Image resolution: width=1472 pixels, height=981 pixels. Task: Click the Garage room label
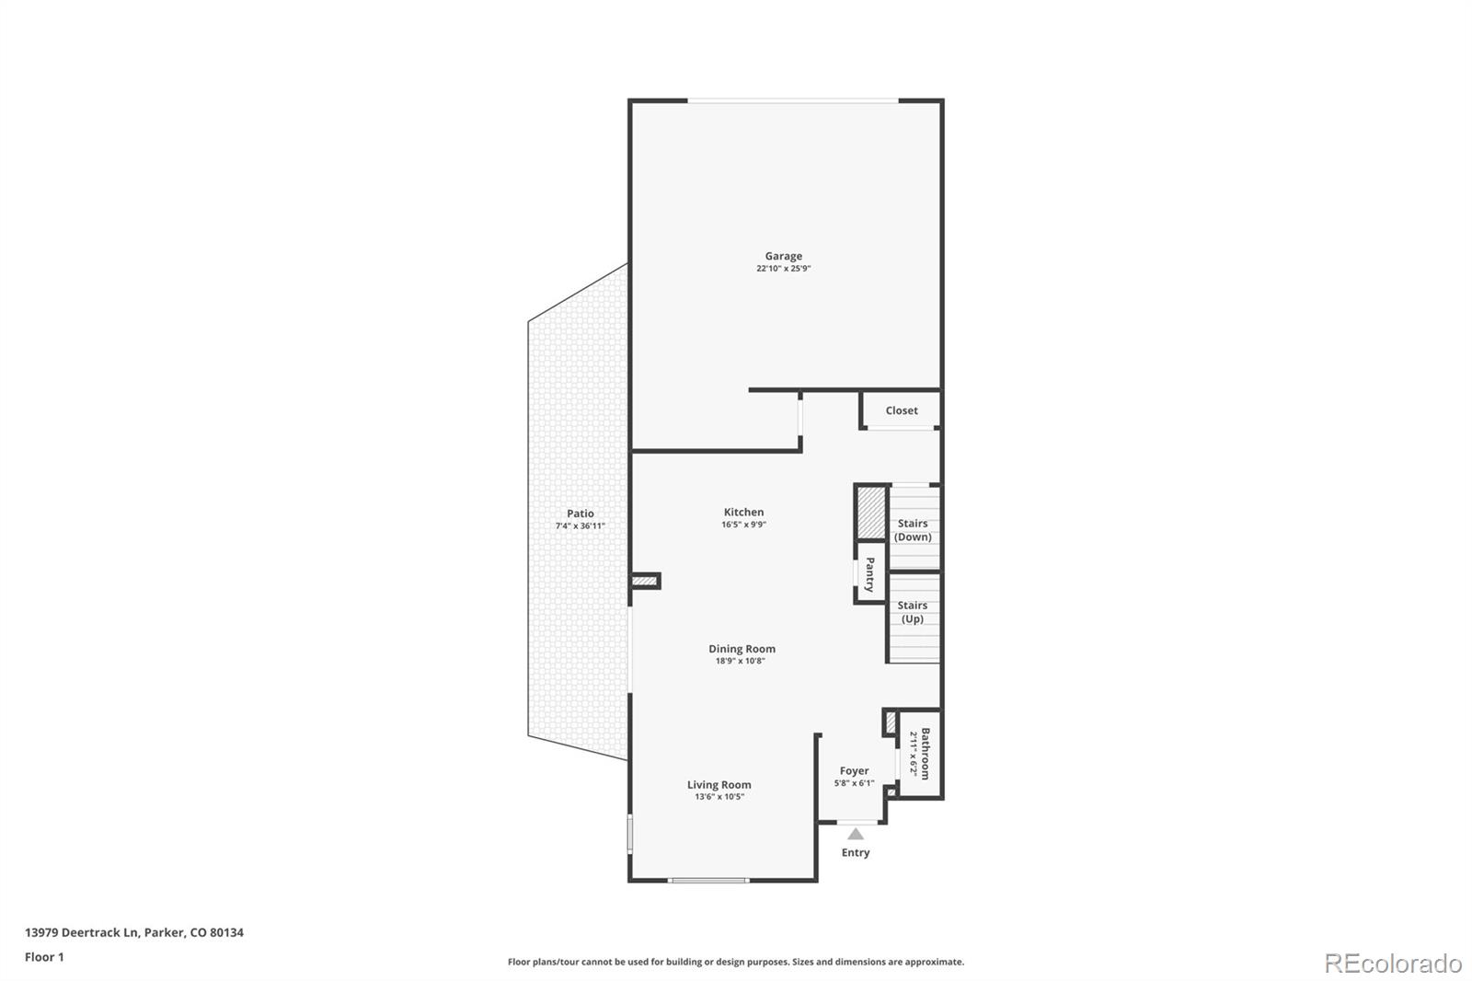(783, 256)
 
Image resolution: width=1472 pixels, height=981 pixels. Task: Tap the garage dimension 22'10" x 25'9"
(783, 269)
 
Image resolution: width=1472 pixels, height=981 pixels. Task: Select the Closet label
(902, 410)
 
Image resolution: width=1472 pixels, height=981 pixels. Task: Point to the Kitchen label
(743, 512)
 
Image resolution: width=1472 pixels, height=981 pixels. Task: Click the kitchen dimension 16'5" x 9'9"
(743, 525)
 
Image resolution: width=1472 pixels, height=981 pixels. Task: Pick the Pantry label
(869, 574)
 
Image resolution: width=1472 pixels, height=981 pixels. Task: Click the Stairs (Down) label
(913, 530)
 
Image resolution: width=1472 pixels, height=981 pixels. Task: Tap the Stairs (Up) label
(913, 612)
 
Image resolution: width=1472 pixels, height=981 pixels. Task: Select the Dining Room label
(742, 649)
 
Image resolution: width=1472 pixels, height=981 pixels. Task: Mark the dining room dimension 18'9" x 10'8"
(741, 661)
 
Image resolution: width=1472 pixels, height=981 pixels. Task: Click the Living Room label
(719, 785)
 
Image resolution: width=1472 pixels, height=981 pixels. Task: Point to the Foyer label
(854, 771)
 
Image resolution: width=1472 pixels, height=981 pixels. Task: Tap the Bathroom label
(926, 754)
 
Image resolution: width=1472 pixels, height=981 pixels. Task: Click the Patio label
(580, 514)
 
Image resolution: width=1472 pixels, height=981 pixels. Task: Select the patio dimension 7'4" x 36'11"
(580, 526)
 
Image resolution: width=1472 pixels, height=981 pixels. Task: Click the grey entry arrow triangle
(856, 834)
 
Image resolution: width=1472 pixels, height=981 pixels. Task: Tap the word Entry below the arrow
(856, 852)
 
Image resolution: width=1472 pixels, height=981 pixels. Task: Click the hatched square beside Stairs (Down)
(871, 513)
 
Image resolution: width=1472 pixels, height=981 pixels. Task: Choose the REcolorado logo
(1393, 964)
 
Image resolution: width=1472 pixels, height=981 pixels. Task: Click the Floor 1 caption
(44, 957)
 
